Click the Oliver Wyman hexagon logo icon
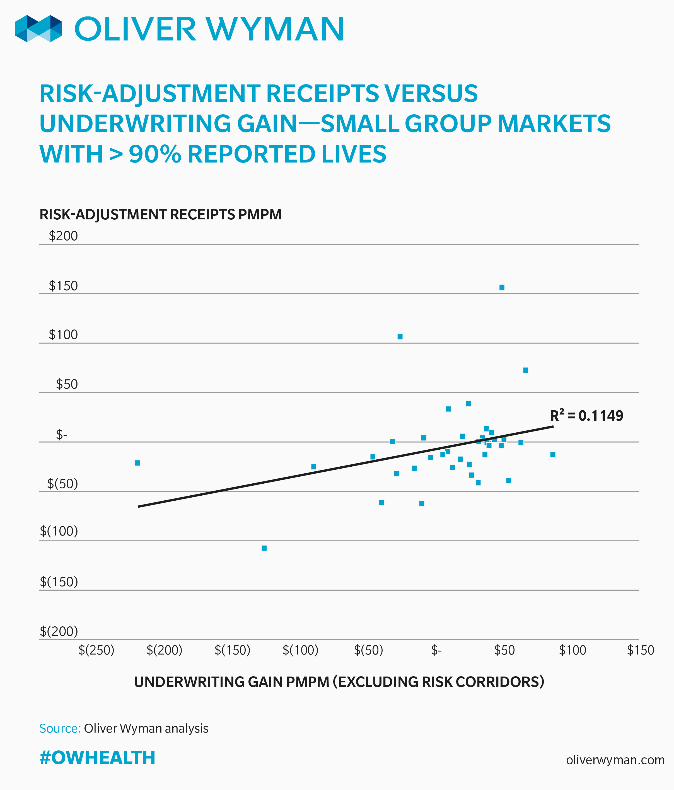pos(38,29)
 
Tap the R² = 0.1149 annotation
pos(586,416)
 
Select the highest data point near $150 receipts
pos(502,287)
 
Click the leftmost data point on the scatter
pos(137,463)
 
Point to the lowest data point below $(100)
pos(264,548)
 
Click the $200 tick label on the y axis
pos(63,236)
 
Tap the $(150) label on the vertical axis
pos(59,582)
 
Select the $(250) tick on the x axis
pos(96,650)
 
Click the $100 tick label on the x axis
pos(572,650)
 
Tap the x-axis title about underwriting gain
pos(339,682)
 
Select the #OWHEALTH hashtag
pos(97,758)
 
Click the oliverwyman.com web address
pos(615,760)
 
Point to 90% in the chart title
pos(155,154)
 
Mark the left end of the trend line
pos(139,506)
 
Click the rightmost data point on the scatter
pos(553,454)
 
